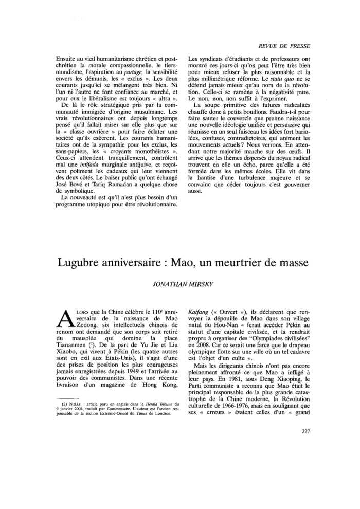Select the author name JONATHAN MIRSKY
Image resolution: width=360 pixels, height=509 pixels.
(x=180, y=283)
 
